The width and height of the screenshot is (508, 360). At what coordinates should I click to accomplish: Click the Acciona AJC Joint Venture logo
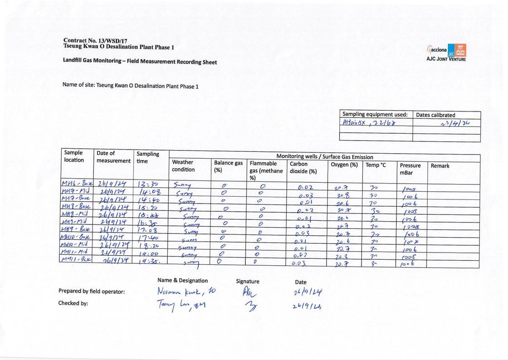point(446,53)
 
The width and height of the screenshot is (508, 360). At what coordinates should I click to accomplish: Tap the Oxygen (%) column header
point(344,164)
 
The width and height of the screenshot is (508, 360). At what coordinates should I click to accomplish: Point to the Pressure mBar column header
point(410,169)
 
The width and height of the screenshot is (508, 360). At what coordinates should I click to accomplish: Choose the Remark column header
point(440,166)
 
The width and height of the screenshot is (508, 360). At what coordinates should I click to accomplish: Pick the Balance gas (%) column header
point(228,166)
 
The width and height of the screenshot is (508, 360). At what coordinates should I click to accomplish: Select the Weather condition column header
point(184,166)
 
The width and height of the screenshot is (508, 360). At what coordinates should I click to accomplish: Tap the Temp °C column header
point(376,165)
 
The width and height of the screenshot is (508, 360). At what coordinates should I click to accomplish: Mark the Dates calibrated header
point(436,115)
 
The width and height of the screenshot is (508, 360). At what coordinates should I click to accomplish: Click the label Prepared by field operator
point(92,292)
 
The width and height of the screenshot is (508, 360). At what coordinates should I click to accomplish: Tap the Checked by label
point(73,303)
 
